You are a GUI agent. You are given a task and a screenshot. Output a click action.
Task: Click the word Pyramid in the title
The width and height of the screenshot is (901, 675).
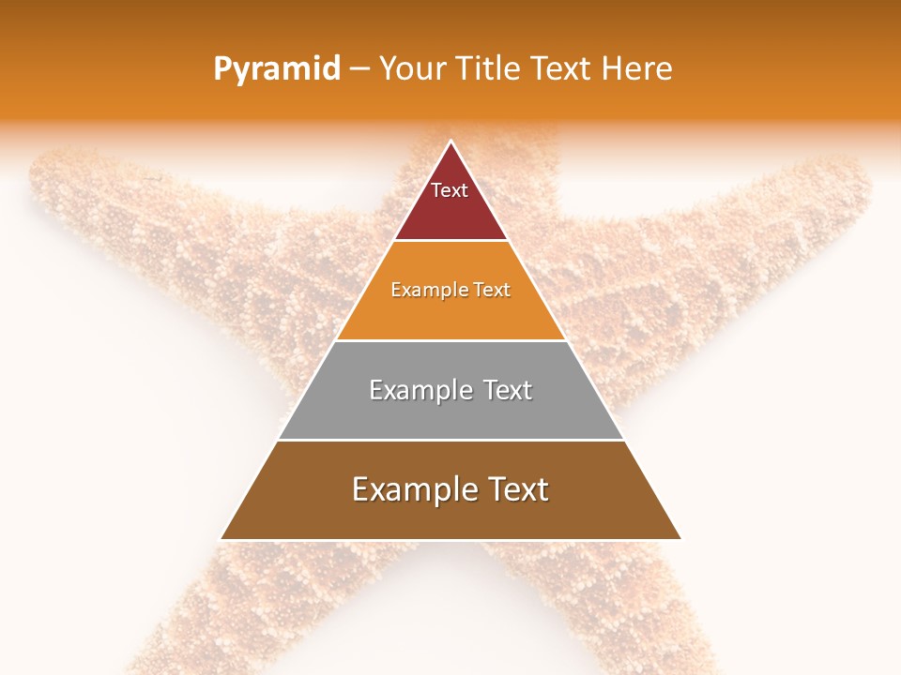click(277, 69)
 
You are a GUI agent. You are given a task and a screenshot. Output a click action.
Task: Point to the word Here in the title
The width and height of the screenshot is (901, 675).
click(637, 69)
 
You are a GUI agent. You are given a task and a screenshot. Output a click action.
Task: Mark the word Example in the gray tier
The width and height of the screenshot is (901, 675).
click(420, 390)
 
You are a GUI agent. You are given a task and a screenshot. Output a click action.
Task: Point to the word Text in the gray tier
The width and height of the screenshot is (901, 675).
click(508, 390)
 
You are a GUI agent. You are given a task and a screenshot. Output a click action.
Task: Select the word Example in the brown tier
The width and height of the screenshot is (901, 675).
click(414, 489)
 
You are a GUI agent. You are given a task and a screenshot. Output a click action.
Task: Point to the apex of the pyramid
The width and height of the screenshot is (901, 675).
click(450, 142)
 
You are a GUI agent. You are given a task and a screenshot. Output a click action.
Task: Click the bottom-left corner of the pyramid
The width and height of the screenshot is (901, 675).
click(221, 539)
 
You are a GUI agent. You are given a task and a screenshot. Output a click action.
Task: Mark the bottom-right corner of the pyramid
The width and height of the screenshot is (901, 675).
click(680, 539)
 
